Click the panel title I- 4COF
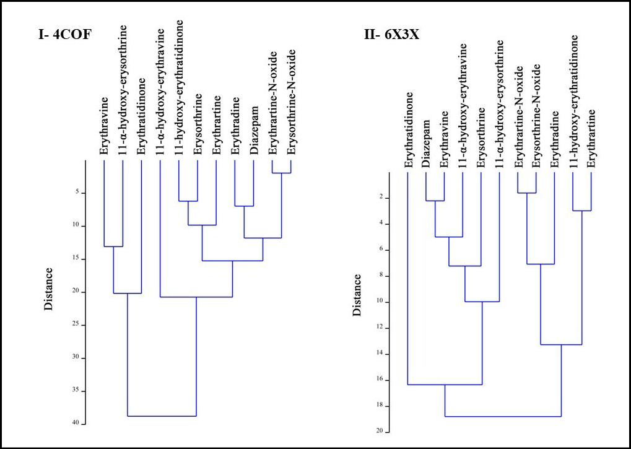tap(64, 35)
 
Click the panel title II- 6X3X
tap(391, 35)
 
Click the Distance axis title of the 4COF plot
tap(49, 289)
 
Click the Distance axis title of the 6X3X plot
tap(357, 295)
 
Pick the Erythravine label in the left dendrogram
tap(104, 126)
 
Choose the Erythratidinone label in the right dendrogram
tap(408, 130)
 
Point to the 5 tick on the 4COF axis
tap(76, 192)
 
